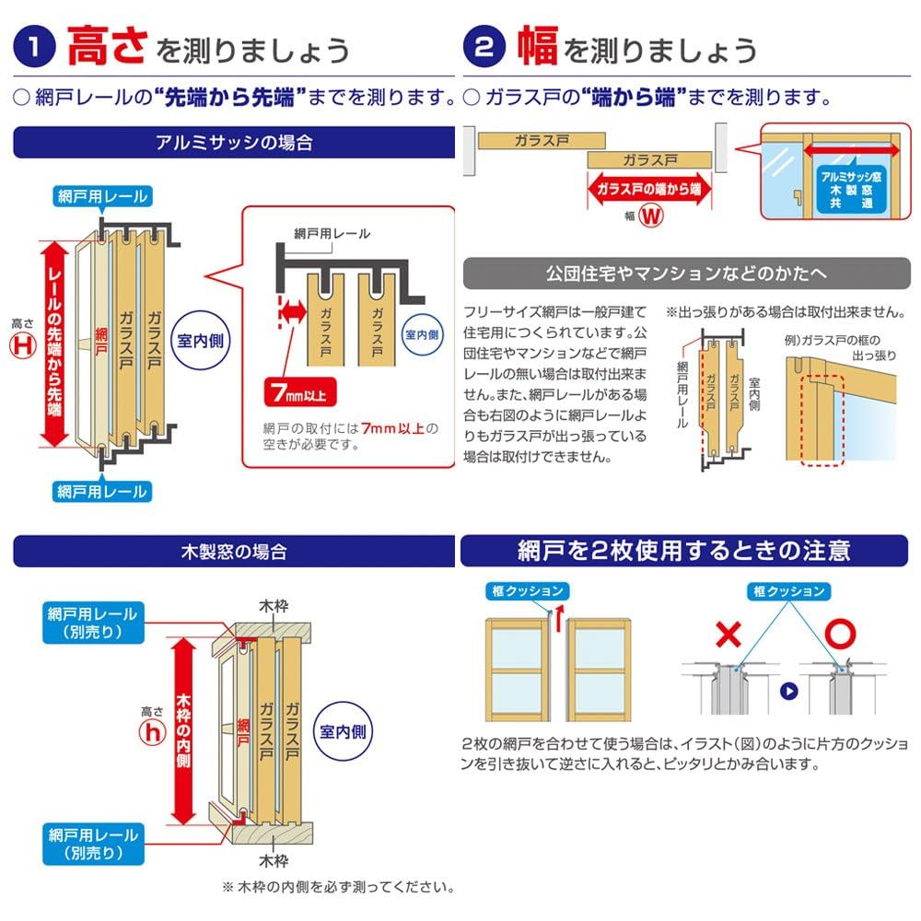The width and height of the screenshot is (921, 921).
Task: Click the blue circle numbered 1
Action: click(x=35, y=47)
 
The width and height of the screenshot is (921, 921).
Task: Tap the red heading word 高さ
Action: click(x=107, y=45)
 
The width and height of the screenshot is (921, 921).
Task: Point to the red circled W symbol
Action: click(x=651, y=217)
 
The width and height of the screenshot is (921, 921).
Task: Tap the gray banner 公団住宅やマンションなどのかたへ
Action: click(x=686, y=274)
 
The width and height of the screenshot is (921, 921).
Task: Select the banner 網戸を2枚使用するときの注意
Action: click(x=686, y=551)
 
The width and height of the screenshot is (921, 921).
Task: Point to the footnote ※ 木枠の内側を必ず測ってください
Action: click(x=337, y=888)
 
